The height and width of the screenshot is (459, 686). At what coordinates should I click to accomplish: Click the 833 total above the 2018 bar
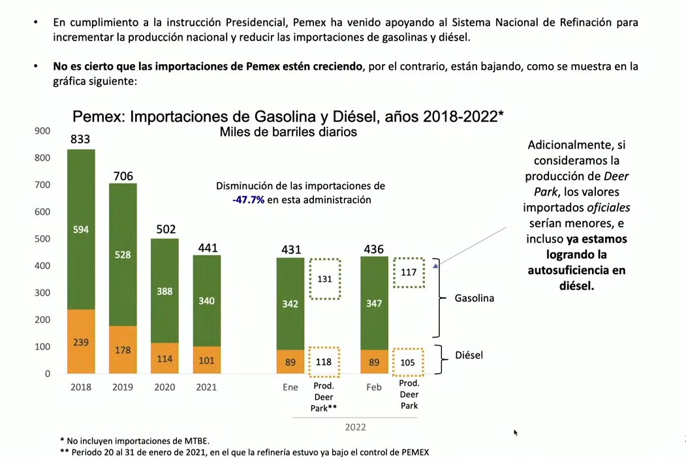81,139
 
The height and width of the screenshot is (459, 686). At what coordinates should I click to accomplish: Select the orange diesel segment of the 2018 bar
81,341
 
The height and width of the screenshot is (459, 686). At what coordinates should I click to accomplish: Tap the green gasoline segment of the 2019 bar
123,255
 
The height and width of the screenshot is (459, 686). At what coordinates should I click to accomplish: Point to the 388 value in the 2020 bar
164,291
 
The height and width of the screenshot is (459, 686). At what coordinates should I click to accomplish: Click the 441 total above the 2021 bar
207,247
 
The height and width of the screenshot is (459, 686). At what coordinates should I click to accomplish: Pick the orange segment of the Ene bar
290,362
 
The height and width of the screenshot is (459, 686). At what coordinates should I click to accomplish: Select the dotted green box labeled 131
324,279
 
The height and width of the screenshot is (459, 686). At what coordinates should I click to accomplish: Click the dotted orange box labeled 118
324,362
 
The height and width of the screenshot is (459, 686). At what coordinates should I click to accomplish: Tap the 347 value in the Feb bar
374,304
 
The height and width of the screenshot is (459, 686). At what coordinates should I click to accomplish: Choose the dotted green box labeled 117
408,272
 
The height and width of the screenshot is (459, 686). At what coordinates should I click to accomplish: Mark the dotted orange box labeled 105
408,362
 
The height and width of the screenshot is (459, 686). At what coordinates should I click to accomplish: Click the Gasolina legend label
475,298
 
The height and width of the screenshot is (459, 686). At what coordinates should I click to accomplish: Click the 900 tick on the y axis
42,131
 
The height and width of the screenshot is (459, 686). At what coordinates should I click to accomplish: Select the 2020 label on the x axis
164,387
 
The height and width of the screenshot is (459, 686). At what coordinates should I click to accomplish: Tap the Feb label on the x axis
374,387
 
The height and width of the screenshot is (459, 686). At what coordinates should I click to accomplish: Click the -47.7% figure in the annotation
248,200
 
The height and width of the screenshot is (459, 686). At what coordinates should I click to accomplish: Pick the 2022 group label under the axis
355,427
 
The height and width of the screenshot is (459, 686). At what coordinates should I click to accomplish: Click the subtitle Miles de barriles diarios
288,132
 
